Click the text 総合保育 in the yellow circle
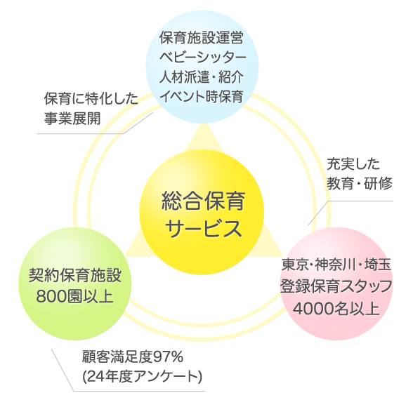204,201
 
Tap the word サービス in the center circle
204,228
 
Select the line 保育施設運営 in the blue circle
202,38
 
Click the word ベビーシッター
203,57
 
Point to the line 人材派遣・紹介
202,77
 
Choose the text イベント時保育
202,97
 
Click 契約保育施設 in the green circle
75,276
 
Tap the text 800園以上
74,297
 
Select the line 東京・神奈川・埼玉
336,265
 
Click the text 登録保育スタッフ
336,286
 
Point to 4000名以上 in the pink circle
336,308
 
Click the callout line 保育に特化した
91,99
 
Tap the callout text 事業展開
72,118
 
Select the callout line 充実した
353,164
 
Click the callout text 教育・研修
360,183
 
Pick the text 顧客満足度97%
133,357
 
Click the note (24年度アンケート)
142,377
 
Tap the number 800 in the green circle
51,297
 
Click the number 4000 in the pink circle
313,309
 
